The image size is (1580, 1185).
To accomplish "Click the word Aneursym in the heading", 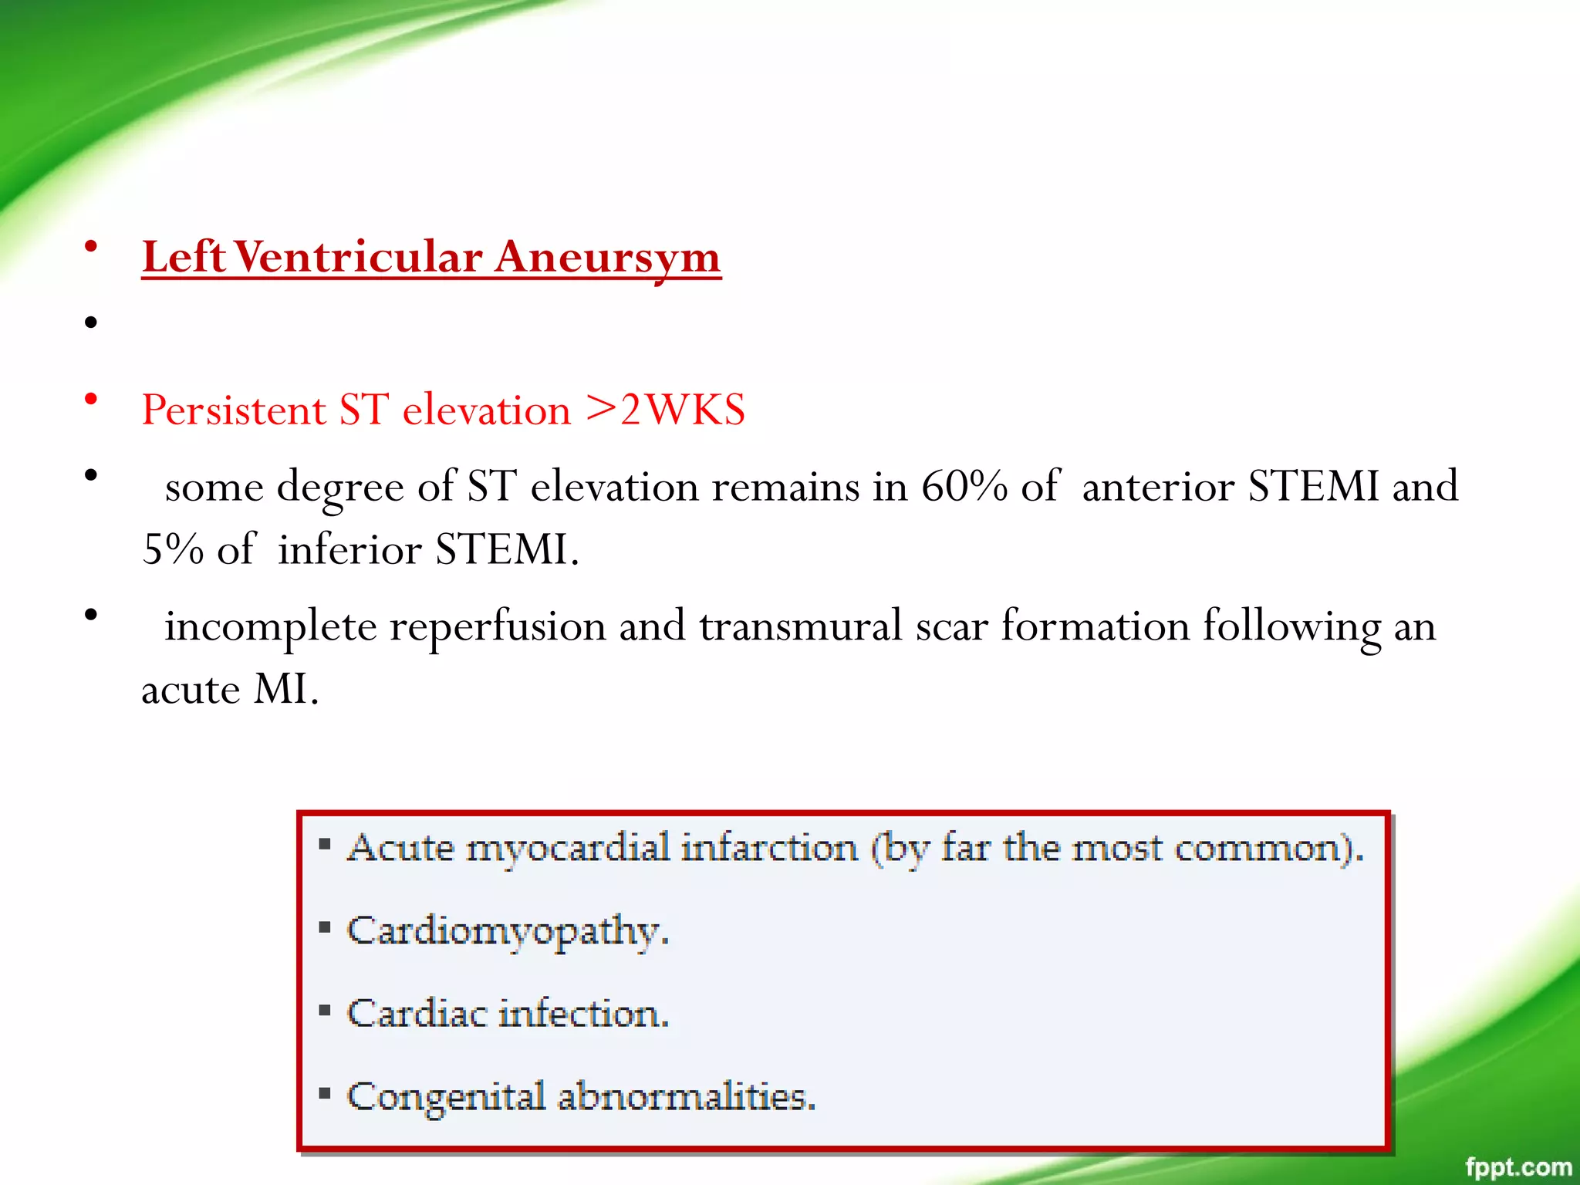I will point(607,257).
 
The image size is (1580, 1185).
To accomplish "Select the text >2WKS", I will point(665,409).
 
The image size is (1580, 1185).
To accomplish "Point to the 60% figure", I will point(964,487).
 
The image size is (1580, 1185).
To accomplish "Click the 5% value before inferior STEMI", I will point(172,549).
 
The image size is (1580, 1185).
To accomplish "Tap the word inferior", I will point(349,549).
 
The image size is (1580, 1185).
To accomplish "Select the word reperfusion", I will point(497,626).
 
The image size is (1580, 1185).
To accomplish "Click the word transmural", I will point(800,626).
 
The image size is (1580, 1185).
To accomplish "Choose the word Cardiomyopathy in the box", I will point(507,931).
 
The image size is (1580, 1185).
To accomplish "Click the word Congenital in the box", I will point(446,1096).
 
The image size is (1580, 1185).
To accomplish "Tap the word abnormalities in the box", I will point(686,1096).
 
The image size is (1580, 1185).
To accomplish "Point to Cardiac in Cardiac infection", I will point(417,1014).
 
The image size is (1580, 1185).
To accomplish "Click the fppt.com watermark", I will point(1518,1166).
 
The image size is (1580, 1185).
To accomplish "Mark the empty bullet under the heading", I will point(91,322).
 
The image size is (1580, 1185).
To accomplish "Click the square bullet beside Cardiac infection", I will point(325,1011).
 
